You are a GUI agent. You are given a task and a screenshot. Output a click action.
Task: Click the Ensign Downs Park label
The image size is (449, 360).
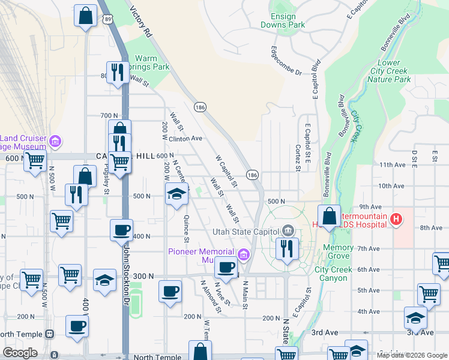[x=283, y=20]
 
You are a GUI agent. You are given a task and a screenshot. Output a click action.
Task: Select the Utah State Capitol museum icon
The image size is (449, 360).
[x=288, y=231]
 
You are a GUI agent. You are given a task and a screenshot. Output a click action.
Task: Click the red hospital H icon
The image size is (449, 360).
[x=396, y=220]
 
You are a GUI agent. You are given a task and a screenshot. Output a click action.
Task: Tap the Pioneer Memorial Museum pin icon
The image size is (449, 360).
[x=243, y=255]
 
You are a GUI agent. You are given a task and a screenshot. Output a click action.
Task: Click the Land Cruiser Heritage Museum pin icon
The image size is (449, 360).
[x=55, y=142]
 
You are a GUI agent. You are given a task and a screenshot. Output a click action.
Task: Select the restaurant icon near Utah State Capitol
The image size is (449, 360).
[x=288, y=247]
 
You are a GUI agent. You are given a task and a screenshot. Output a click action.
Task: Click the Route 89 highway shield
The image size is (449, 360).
[x=107, y=19]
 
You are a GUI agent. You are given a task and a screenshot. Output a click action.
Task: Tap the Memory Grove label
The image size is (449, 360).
[x=338, y=252]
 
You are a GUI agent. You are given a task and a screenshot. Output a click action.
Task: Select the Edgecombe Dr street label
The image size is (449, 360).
[x=286, y=61]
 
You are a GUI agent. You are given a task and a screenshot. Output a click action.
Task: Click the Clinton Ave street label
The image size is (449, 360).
[x=185, y=138]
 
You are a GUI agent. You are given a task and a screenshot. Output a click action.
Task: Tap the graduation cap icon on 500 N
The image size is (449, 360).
[x=176, y=194]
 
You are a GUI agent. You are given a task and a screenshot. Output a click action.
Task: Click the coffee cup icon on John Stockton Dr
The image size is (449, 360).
[x=122, y=229]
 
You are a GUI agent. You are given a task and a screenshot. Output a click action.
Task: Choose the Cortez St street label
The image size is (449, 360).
[x=297, y=157]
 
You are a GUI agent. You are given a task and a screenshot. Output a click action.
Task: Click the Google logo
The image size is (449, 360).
[x=20, y=353]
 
